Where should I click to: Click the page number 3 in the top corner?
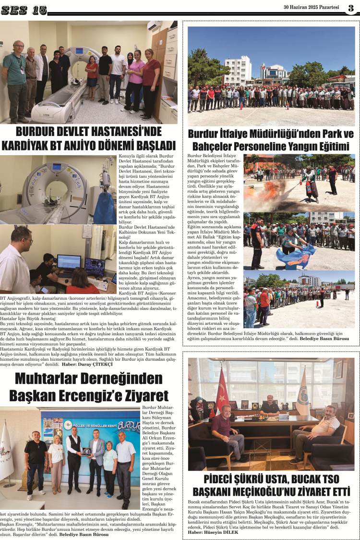click(x=351, y=8)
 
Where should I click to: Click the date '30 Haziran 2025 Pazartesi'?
click(x=312, y=8)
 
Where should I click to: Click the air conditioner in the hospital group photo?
click(x=154, y=25)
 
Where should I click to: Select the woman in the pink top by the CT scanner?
click(x=136, y=79)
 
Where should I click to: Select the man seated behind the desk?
click(x=269, y=406)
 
